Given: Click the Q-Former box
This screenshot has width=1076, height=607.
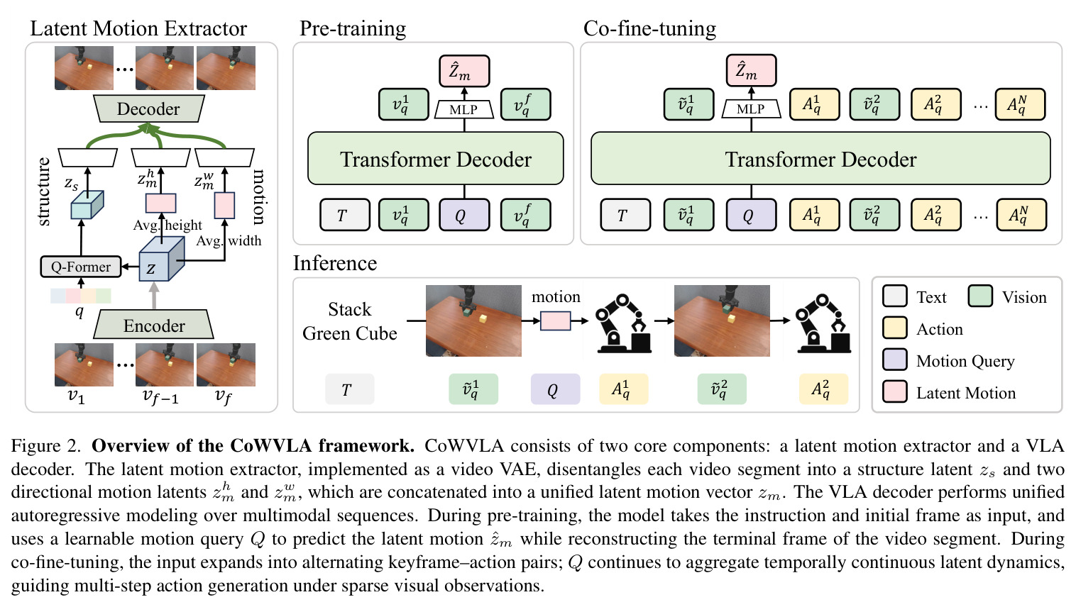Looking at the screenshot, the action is pyautogui.click(x=81, y=267).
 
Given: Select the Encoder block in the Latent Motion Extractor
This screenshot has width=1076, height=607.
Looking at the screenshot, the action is pyautogui.click(x=154, y=325).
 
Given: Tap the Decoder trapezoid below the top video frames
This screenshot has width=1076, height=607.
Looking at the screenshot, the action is pyautogui.click(x=148, y=108).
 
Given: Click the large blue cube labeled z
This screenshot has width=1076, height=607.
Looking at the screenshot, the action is pyautogui.click(x=161, y=259).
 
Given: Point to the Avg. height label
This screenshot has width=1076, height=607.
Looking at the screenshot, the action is pyautogui.click(x=168, y=225).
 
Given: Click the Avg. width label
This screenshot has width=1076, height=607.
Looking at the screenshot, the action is pyautogui.click(x=229, y=240).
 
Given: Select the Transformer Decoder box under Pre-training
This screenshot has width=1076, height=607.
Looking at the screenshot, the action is pyautogui.click(x=436, y=159).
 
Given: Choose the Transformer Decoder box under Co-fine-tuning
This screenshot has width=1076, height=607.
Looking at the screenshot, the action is pyautogui.click(x=820, y=159).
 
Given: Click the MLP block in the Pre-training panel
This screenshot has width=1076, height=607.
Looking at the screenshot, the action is pyautogui.click(x=464, y=109).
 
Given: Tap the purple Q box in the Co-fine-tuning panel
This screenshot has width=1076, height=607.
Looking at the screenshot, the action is pyautogui.click(x=751, y=215).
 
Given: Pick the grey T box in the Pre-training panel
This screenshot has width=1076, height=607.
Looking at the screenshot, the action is pyautogui.click(x=345, y=215).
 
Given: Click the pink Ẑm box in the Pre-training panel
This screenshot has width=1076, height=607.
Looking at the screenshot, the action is pyautogui.click(x=464, y=71).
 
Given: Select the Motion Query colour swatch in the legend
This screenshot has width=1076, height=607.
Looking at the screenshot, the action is pyautogui.click(x=895, y=360).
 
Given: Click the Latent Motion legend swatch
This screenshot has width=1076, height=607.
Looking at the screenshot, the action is pyautogui.click(x=895, y=392).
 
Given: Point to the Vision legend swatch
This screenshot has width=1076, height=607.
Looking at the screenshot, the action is pyautogui.click(x=980, y=296).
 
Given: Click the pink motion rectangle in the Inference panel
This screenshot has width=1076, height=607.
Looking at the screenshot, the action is pyautogui.click(x=556, y=321).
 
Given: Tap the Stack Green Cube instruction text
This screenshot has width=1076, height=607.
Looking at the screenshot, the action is pyautogui.click(x=350, y=321).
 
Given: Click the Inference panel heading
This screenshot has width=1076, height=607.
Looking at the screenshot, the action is pyautogui.click(x=335, y=263).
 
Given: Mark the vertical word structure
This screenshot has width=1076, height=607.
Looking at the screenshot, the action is pyautogui.click(x=43, y=191).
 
